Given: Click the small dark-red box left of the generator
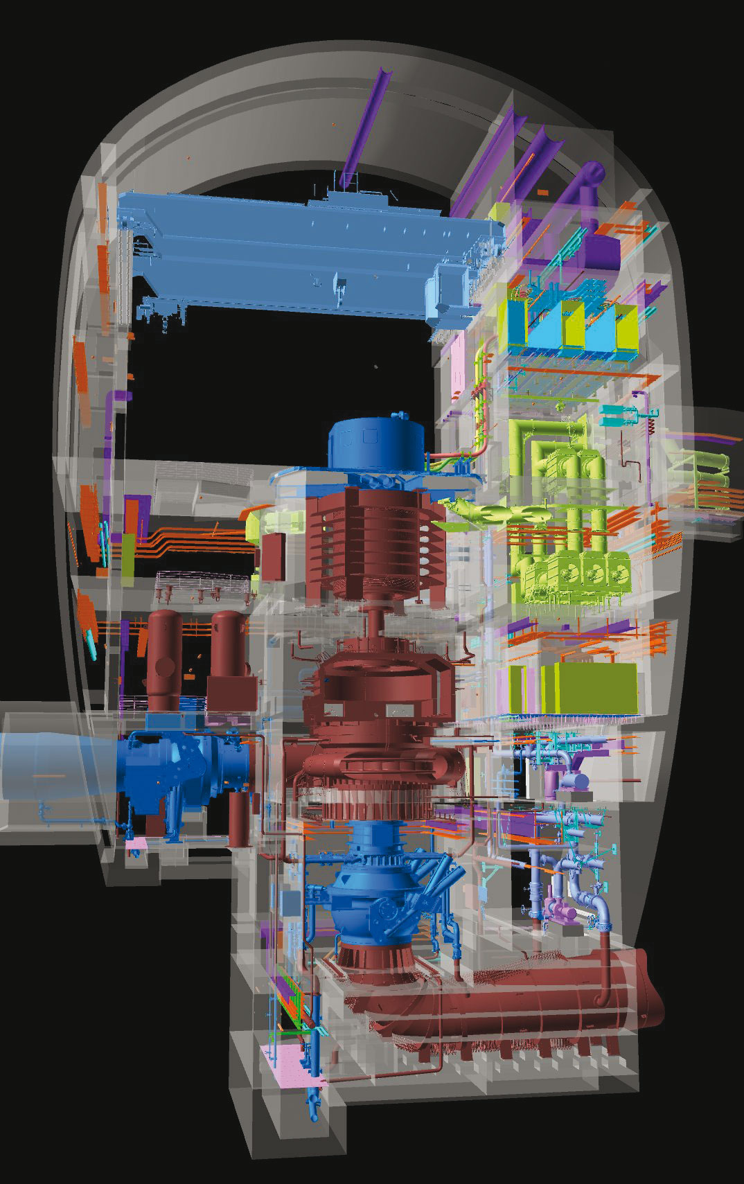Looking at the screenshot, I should coord(272,554).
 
